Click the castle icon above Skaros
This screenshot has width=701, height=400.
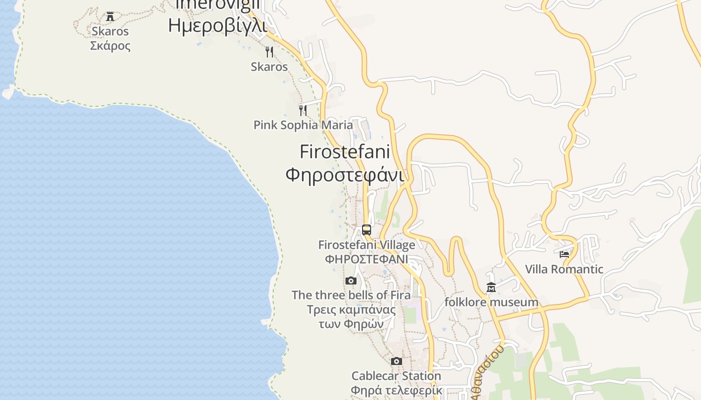[x=110, y=16]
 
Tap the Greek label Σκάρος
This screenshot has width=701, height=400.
[x=110, y=46]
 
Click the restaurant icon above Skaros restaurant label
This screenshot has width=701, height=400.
[x=269, y=52]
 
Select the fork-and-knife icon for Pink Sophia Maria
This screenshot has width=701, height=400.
[x=303, y=110]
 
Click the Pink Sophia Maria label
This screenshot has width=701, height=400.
[x=303, y=125]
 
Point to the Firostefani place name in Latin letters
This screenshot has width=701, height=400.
[x=345, y=151]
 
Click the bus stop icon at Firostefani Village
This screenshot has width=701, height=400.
[x=367, y=230]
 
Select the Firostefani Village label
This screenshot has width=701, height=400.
[x=367, y=245]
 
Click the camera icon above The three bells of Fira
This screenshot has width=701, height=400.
[x=351, y=280]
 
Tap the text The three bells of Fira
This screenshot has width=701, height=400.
[x=351, y=295]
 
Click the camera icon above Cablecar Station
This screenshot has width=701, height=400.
[x=397, y=361]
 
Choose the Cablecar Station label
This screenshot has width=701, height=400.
[x=396, y=376]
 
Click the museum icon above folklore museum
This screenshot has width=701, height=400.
[x=491, y=287]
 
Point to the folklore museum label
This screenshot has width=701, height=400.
[x=491, y=302]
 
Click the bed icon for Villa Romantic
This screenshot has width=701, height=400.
[x=564, y=254]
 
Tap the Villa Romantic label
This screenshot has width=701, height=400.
[x=564, y=269]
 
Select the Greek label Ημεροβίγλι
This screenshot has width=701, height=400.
[x=217, y=25]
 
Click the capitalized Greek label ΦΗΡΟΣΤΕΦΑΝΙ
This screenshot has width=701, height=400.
[x=367, y=259]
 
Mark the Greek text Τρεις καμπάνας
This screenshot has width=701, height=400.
[x=351, y=309]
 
